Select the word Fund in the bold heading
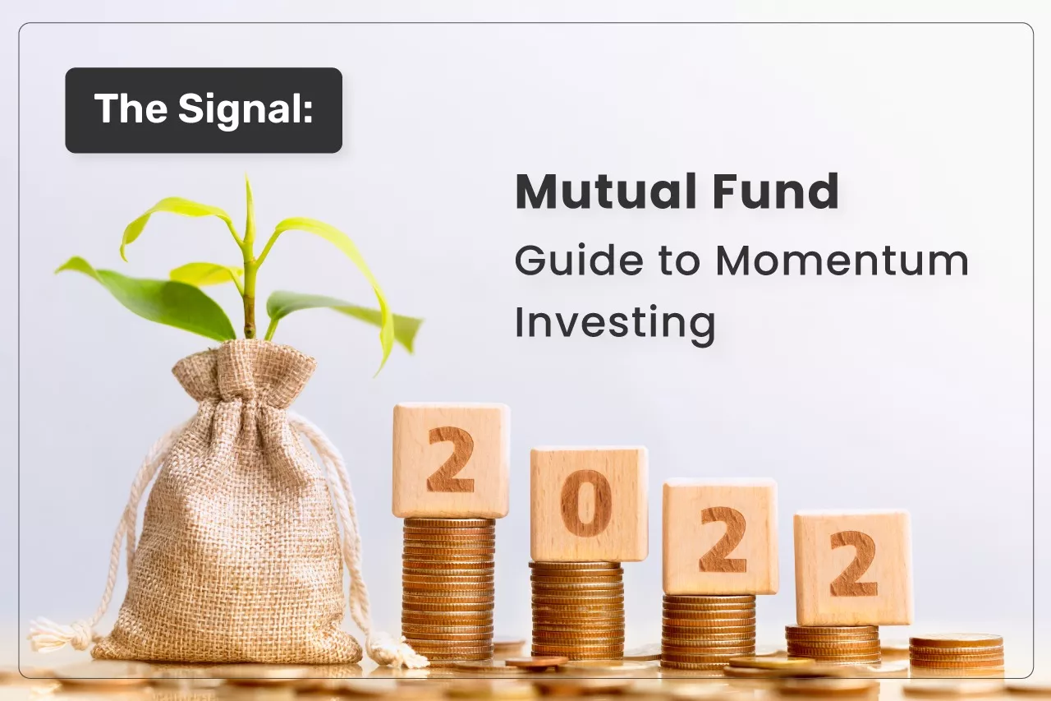[776, 191]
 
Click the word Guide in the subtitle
[579, 261]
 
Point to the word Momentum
[842, 261]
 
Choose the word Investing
[615, 324]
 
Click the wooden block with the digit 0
[589, 504]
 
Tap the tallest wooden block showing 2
[451, 460]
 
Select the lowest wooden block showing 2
[853, 568]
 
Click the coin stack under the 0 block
[577, 611]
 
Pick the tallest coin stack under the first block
[448, 589]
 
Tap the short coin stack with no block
[957, 652]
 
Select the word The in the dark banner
[131, 108]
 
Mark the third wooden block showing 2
[720, 536]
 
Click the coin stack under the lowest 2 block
[833, 643]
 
